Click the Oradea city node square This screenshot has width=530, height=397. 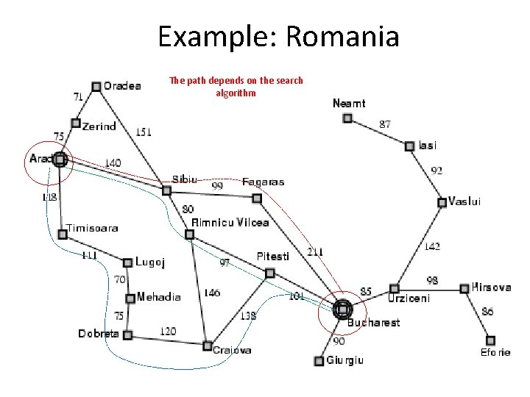pos(96,87)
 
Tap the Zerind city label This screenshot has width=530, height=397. pos(99,126)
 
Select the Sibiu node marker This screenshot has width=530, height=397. pos(167,190)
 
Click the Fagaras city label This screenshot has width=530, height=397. pos(263,182)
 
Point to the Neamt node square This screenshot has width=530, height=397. pos(347,118)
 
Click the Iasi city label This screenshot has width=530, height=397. pos(428,146)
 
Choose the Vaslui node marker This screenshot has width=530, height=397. pos(442,202)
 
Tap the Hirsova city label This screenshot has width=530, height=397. pos(491,287)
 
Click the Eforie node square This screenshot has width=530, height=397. pos(491,340)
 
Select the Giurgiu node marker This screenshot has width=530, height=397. pos(319,361)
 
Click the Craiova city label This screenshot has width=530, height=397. pos(232,351)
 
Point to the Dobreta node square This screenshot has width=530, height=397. pos(127,335)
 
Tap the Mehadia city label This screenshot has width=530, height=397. pos(158,297)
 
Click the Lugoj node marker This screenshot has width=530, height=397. pos(127,262)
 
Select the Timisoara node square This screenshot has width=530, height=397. pos(63,234)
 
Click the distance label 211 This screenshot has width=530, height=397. pos(315,251)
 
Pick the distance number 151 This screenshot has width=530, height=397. pos(144,132)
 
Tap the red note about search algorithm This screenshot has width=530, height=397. pos(236,87)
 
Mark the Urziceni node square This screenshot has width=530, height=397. pos(395,288)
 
